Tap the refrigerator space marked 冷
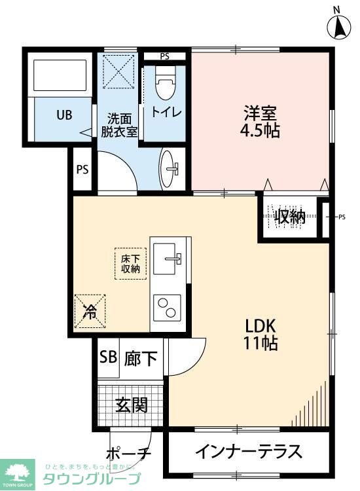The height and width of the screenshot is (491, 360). pos(89,310)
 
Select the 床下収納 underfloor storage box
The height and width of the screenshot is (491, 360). pos(130,263)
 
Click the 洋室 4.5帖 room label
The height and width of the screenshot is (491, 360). pos(261,120)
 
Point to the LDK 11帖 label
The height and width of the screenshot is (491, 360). pos(262,333)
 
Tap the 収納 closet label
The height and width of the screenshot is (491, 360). pos(290,216)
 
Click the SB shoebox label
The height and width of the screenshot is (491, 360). pos(108,358)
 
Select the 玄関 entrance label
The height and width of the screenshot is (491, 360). pos(131,405)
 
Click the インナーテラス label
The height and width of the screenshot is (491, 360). pos(248,452)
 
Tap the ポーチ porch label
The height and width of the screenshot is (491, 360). pos(128,454)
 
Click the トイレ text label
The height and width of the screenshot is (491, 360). pos(166,111)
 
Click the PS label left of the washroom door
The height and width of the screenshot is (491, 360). pos(82,169)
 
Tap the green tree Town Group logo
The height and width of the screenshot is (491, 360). pos(18,471)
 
